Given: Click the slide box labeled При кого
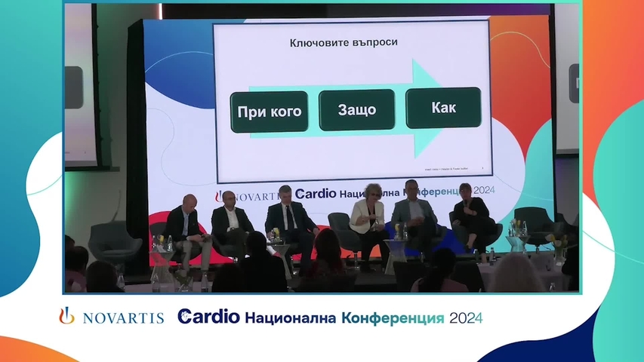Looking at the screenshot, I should coord(269,112).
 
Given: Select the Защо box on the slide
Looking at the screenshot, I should coord(357,110).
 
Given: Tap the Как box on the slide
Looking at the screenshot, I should coord(444,109).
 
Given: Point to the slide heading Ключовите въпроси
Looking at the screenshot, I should coord(344,42).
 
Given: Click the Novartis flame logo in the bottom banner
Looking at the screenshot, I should coord(67,316).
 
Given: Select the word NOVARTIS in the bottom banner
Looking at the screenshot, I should coord(123,318).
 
